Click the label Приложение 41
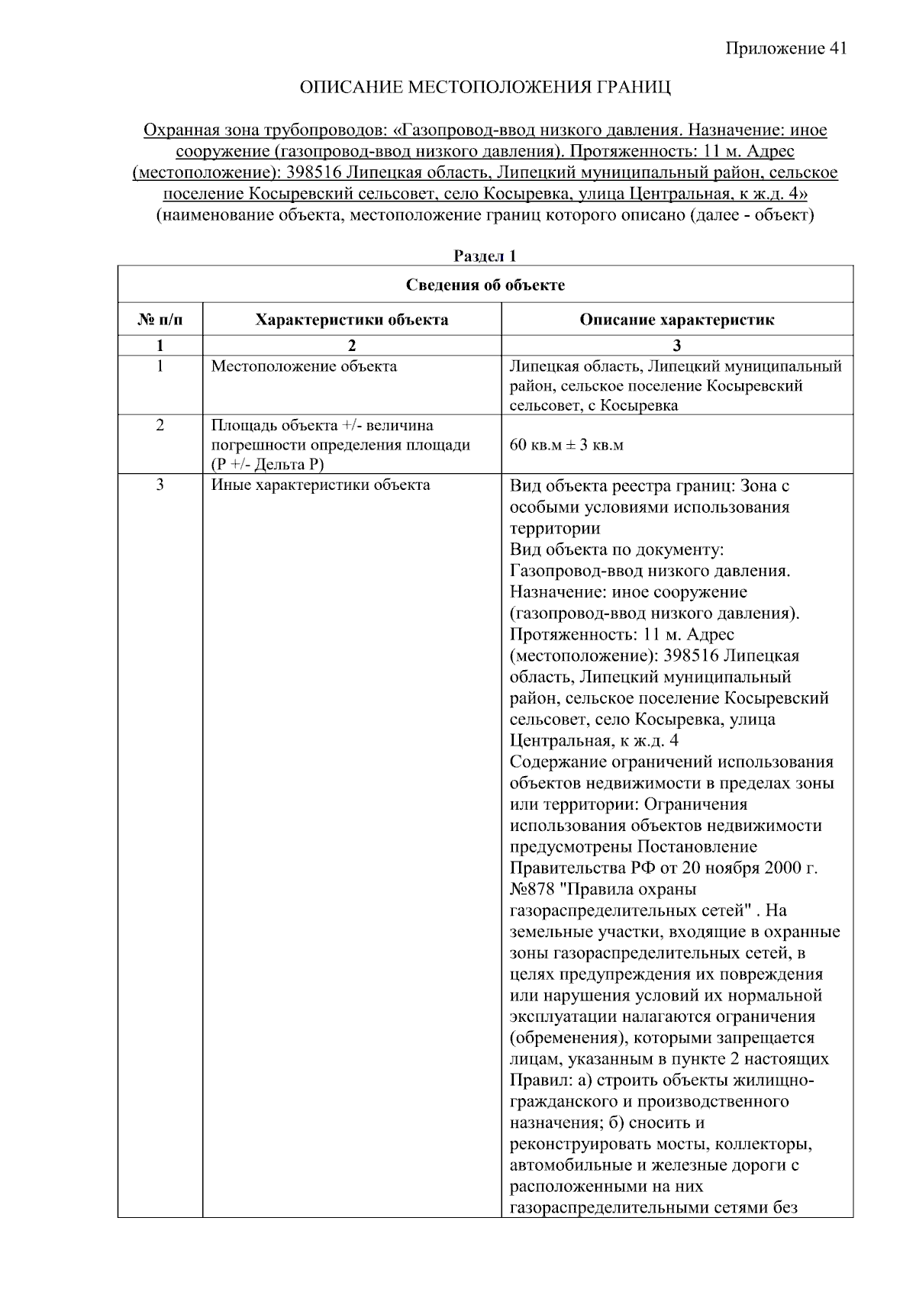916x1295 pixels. (x=785, y=49)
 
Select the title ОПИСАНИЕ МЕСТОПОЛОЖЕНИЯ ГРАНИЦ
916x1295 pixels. (x=485, y=88)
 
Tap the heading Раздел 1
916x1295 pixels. (x=485, y=256)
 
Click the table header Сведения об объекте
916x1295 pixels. (x=485, y=285)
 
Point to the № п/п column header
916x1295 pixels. (x=160, y=320)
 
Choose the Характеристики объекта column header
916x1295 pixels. (x=351, y=320)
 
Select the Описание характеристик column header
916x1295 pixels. (x=676, y=320)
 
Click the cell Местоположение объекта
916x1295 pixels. (x=304, y=366)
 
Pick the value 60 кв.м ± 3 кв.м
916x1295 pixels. (x=566, y=445)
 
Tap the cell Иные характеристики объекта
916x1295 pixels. (x=320, y=485)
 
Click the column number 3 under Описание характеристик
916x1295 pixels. (x=676, y=345)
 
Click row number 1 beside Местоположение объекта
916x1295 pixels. (x=160, y=366)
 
